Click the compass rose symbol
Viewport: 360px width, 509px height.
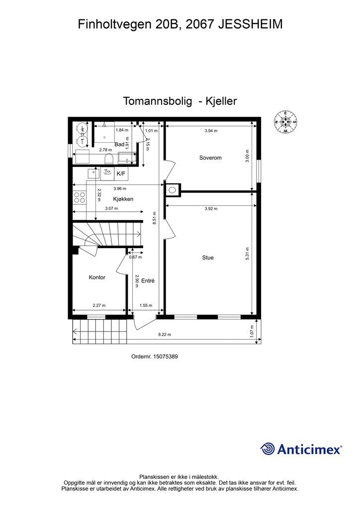286,122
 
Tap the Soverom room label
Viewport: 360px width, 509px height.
210,158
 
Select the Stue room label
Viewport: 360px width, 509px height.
208,257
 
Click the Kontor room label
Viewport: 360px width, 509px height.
97,277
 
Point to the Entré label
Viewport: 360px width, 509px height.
148,281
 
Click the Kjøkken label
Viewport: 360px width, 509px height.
123,199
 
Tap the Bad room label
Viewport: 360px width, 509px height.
119,144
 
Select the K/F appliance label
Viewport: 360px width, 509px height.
121,173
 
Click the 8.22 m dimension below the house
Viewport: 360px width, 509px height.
165,335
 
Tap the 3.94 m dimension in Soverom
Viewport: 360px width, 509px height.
211,131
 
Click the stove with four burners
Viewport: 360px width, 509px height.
80,198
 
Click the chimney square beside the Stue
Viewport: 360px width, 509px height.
173,189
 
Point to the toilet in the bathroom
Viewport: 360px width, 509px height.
109,159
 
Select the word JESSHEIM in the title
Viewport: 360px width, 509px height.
251,24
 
